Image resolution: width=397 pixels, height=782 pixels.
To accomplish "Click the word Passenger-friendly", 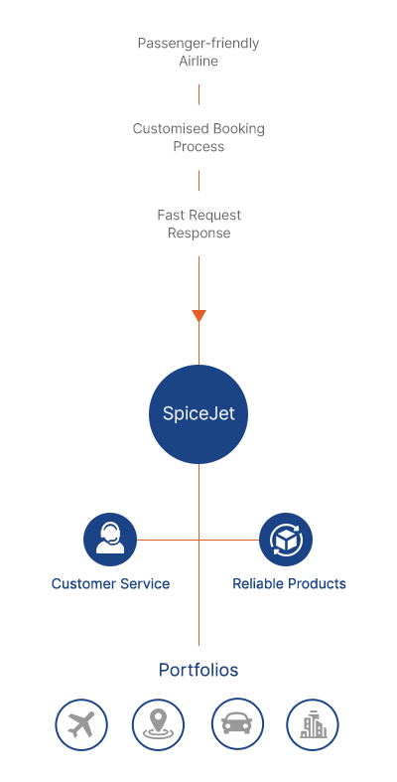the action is [x=198, y=44].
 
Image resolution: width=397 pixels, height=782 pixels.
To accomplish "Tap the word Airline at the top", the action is [x=198, y=61].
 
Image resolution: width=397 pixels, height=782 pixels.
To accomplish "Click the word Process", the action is [x=198, y=147].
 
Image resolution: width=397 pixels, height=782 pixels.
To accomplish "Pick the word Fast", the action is [x=171, y=215].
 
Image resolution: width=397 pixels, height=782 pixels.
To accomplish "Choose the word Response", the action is [x=198, y=233].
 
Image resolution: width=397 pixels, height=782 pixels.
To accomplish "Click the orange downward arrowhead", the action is [x=198, y=316].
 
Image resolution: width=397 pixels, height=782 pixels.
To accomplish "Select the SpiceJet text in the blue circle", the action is [x=198, y=414].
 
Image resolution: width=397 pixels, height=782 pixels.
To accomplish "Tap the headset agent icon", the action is [x=110, y=540].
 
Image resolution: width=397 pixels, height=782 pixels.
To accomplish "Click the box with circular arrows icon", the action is [x=286, y=540].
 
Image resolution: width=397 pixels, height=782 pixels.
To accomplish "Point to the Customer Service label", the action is [x=110, y=583].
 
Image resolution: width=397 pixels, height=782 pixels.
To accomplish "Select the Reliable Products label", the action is [x=289, y=583].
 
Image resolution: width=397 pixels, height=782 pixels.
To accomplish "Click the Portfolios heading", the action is [x=198, y=670].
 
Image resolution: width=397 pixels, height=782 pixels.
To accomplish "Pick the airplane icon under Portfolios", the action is [x=81, y=724].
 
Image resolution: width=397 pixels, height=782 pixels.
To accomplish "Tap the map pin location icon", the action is [x=158, y=724].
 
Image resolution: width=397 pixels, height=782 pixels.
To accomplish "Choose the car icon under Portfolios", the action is [x=237, y=724].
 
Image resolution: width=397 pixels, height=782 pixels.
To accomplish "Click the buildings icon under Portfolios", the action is [x=313, y=724].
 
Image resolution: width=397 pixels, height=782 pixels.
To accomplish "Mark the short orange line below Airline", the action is [x=198, y=94].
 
